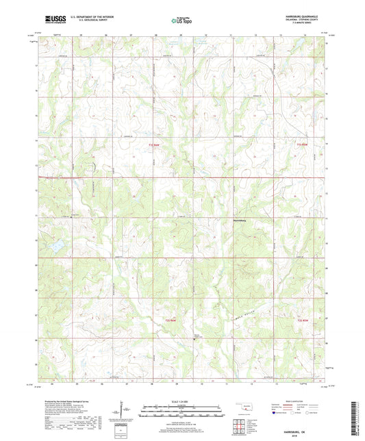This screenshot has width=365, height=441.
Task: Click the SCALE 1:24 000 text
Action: pyautogui.click(x=182, y=401)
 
